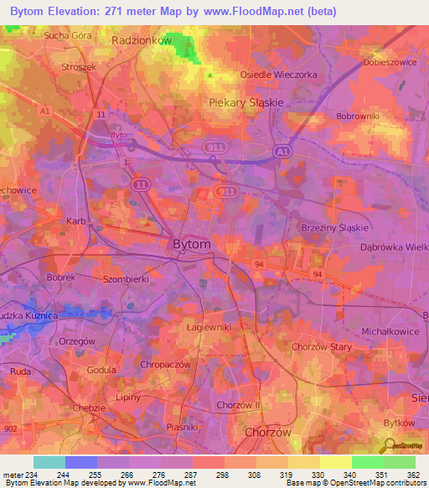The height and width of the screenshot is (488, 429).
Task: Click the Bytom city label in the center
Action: pyautogui.click(x=191, y=244)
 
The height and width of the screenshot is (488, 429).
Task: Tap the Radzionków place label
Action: pyautogui.click(x=141, y=39)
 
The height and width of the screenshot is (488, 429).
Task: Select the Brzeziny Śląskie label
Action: pyautogui.click(x=334, y=228)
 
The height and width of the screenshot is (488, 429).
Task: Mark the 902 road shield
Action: pyautogui.click(x=10, y=428)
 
